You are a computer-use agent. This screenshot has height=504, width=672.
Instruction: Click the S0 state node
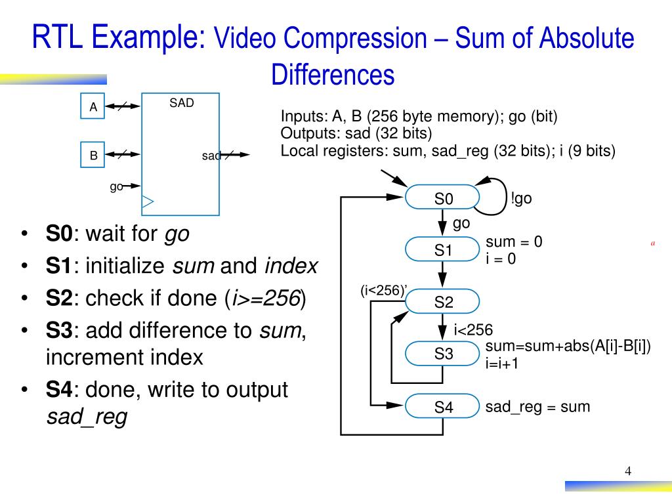443,199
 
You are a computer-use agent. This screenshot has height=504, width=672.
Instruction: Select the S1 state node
443,250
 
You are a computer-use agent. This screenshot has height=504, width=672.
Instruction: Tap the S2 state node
443,303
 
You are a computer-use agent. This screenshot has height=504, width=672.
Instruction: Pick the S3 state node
443,354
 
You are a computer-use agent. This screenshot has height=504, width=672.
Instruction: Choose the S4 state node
443,408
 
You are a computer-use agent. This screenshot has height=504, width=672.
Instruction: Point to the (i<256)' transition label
384,291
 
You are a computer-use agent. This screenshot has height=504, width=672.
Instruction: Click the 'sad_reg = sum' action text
537,407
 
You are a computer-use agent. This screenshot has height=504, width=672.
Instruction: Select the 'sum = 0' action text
514,242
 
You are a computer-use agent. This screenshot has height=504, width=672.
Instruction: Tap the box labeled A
93,107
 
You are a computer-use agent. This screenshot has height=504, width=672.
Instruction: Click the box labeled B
93,156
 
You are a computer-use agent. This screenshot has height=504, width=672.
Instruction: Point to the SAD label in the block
182,103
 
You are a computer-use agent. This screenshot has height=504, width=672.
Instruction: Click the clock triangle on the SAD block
148,201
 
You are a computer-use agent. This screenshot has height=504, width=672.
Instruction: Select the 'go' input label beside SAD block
116,186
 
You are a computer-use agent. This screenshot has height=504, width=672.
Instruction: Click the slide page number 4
628,471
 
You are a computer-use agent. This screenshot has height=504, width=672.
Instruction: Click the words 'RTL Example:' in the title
119,37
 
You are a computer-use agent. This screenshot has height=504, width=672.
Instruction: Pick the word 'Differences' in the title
333,75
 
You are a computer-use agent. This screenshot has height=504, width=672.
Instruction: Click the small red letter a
653,243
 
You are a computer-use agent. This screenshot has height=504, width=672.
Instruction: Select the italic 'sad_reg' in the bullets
87,417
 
